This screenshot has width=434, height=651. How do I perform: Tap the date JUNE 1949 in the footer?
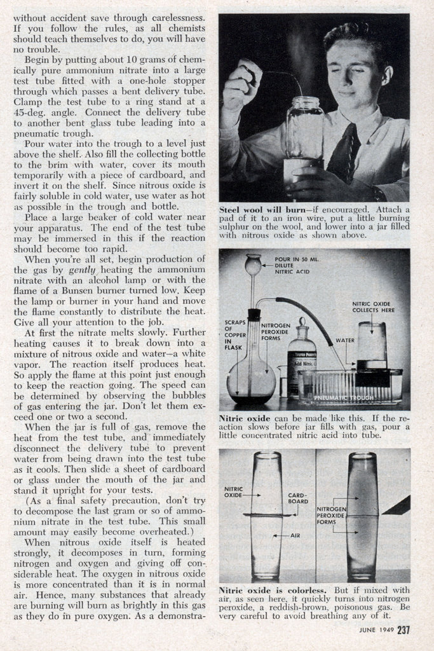(377, 632)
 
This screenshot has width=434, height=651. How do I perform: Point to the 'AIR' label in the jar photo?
(294, 536)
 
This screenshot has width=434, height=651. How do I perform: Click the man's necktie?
(343, 153)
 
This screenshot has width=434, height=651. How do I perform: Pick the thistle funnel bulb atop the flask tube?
(253, 264)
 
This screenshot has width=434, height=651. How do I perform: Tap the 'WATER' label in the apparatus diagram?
(344, 340)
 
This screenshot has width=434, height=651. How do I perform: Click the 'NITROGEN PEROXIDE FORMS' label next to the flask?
(275, 331)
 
